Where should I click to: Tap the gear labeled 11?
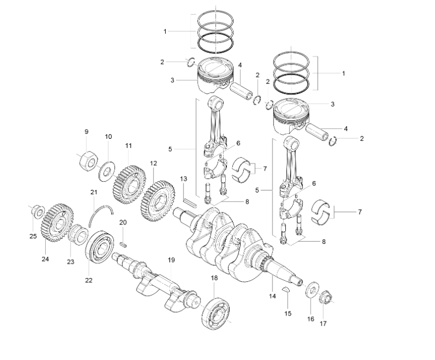129,184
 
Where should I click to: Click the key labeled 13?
190,202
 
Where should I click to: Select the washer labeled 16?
312,291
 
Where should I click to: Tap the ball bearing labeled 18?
216,313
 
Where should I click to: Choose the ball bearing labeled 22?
100,247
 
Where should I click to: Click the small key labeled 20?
123,244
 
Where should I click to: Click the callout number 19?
171,260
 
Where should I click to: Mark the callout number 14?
273,296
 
